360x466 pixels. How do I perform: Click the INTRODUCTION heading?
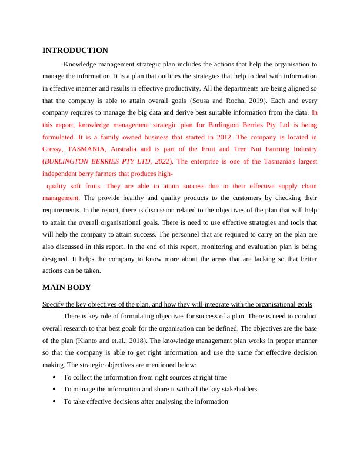[x=75, y=51]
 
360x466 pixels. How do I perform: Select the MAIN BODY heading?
[x=67, y=288]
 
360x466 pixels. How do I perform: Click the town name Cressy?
[x=54, y=149]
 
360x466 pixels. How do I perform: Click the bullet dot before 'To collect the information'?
[x=54, y=377]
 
